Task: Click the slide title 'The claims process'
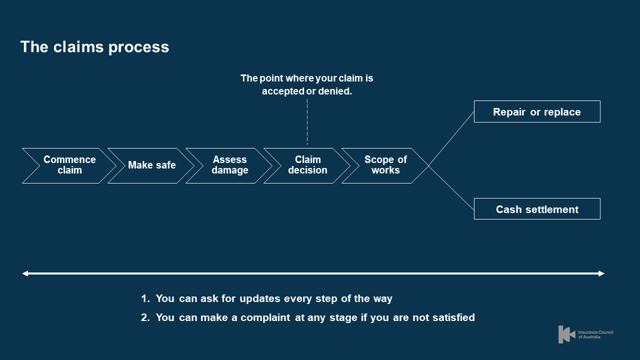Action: click(94, 47)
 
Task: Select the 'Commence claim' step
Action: click(69, 165)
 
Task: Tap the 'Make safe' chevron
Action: click(151, 165)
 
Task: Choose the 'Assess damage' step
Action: click(229, 165)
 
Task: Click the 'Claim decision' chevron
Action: click(307, 165)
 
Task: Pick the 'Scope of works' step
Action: click(385, 165)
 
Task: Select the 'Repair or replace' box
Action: click(536, 112)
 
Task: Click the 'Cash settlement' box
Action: click(536, 209)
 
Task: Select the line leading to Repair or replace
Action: click(451, 138)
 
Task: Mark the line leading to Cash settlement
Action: click(451, 188)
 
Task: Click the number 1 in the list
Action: click(144, 298)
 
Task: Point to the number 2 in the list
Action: click(144, 317)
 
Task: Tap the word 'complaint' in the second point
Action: click(266, 317)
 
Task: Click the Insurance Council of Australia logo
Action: click(585, 334)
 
